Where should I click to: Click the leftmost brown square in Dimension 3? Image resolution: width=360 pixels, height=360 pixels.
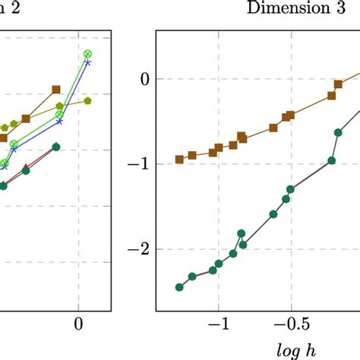click(x=179, y=159)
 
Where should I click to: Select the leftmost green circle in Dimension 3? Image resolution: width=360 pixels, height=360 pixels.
click(x=179, y=287)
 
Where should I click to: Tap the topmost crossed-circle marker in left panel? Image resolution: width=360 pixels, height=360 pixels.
click(x=87, y=54)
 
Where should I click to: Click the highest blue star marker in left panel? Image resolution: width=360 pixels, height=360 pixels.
click(x=87, y=63)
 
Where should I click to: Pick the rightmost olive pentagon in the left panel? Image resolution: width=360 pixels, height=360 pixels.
click(x=87, y=99)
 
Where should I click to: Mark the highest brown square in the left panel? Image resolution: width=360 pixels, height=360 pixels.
click(x=56, y=90)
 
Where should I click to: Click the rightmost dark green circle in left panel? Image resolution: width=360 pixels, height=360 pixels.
click(x=55, y=147)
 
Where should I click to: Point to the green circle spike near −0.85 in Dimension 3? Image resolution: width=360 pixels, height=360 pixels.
click(x=241, y=234)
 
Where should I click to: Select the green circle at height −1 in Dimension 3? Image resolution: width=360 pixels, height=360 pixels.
click(x=331, y=160)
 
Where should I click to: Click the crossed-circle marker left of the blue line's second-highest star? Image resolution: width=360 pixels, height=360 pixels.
click(x=59, y=115)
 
